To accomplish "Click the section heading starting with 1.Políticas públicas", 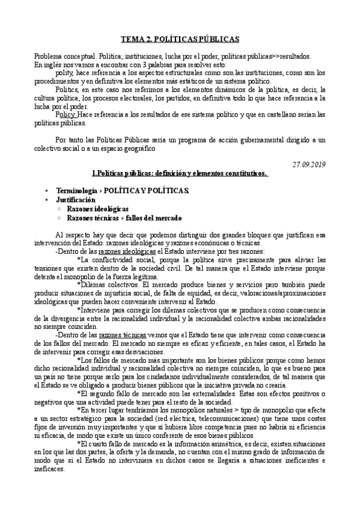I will point(180,173).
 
